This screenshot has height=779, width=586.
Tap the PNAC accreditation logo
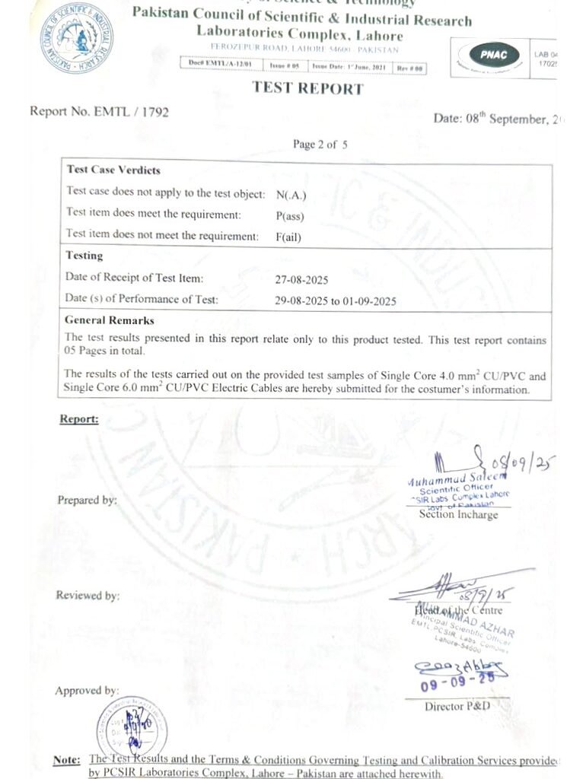[499, 55]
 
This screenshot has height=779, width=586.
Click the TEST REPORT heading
[307, 88]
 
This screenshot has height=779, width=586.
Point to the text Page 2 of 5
[320, 145]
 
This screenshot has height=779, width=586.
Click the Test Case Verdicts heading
[113, 170]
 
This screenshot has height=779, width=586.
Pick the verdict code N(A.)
[291, 194]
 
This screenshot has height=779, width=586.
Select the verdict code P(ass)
[290, 215]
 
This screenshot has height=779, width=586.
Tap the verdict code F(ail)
[288, 237]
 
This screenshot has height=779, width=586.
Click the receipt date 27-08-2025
[302, 279]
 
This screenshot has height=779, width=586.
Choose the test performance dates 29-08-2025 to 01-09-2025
[335, 300]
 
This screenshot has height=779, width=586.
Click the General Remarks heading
[110, 320]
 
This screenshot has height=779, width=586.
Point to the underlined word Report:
[79, 419]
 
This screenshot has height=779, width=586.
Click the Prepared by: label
[87, 501]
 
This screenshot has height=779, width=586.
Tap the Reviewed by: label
[88, 596]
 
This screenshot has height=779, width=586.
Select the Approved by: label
[87, 691]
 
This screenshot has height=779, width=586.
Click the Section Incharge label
[458, 515]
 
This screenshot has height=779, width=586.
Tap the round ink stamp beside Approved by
[131, 726]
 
